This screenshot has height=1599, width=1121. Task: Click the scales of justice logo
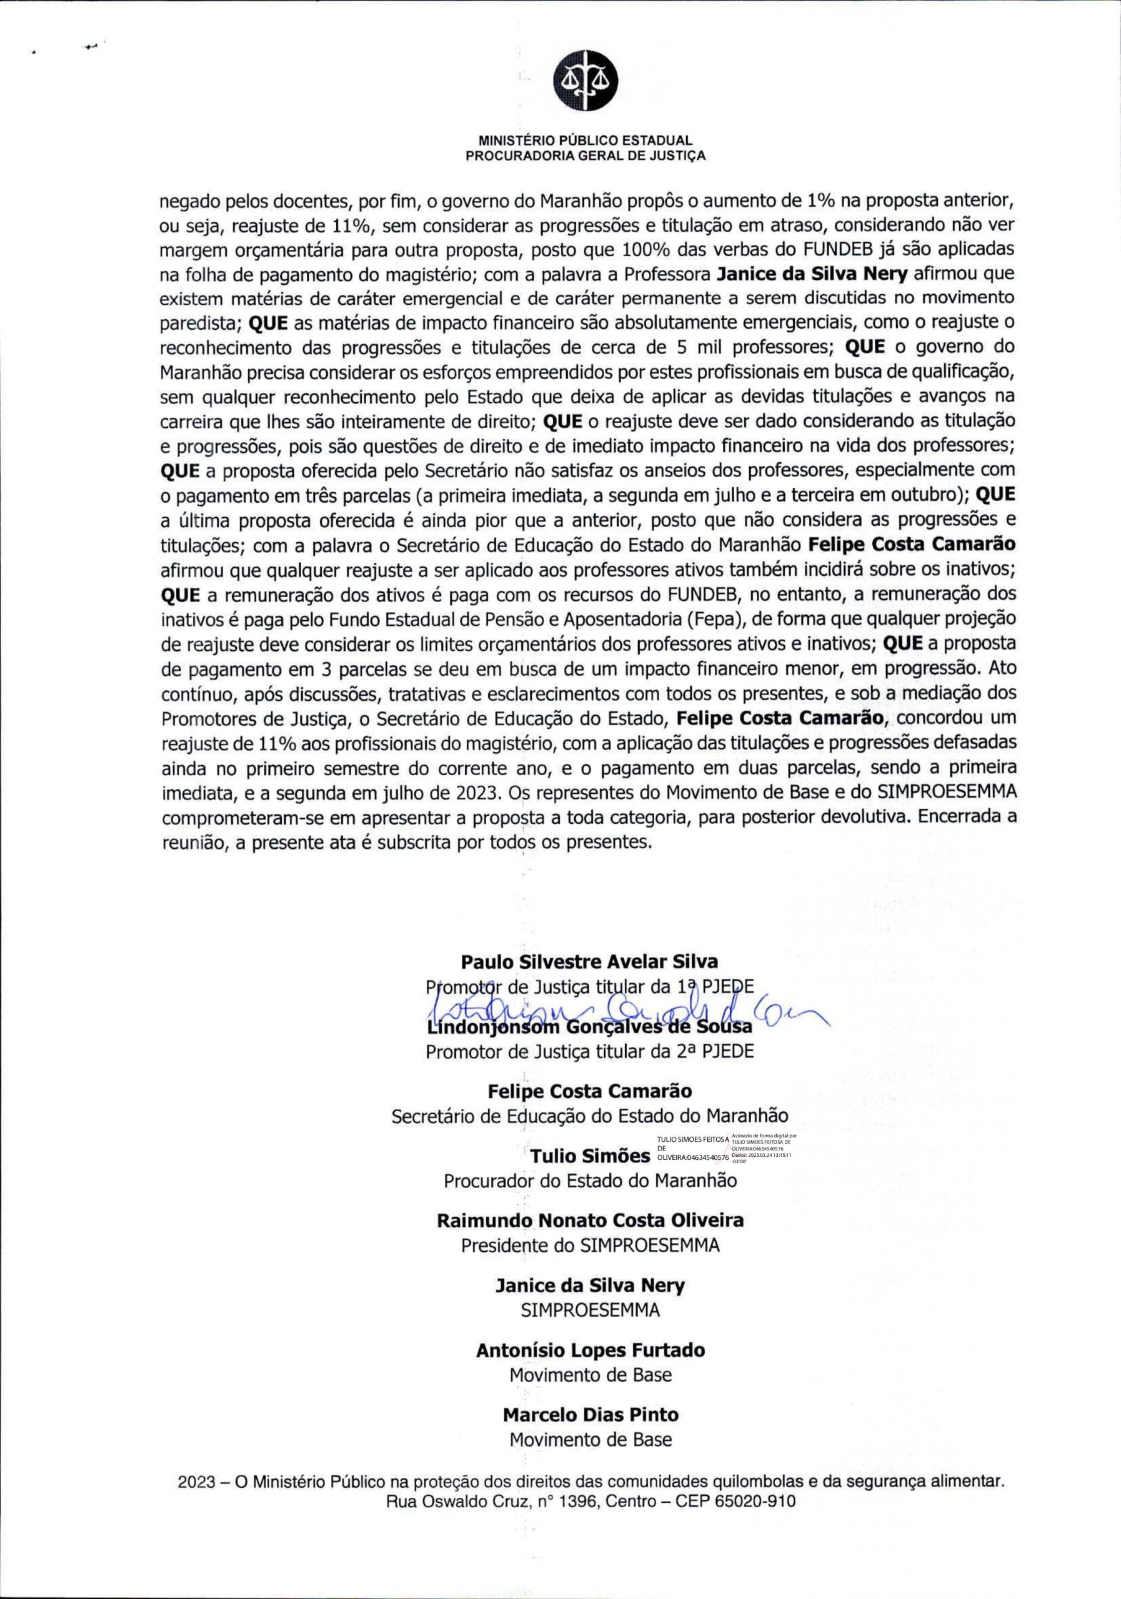click(585, 83)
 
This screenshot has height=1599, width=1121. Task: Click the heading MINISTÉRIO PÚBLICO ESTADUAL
click(585, 140)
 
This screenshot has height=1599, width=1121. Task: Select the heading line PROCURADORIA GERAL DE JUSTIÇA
click(585, 156)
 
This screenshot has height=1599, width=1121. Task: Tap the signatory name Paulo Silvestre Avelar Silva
click(589, 962)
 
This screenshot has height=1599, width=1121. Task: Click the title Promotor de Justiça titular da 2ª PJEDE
click(589, 1052)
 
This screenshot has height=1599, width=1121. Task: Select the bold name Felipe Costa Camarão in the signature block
click(589, 1091)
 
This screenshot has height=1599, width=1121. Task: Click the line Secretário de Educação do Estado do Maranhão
click(589, 1116)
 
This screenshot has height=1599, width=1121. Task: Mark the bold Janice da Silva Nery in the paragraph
click(812, 274)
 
